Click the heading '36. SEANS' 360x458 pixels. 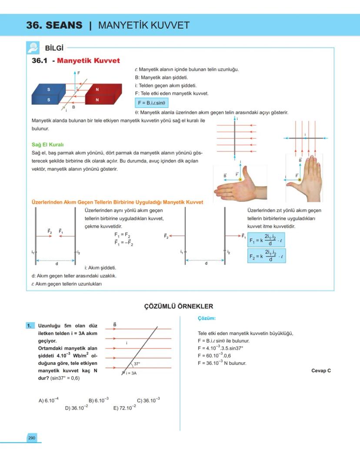point(54,25)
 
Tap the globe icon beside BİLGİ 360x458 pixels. point(33,47)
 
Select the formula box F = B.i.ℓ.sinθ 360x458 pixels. point(152,103)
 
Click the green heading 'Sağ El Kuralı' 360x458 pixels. point(48,144)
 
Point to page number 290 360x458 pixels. point(32,438)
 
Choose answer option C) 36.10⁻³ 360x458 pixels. point(148,400)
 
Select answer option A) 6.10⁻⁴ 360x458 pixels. point(49,400)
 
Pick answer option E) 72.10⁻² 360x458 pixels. point(124,408)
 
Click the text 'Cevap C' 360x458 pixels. point(321,371)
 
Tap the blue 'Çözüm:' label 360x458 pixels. point(207,318)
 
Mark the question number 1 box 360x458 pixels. point(30,325)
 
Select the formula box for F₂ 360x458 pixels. point(266,255)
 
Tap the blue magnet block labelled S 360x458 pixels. point(49,95)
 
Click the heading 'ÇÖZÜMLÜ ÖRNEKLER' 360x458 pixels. point(178,306)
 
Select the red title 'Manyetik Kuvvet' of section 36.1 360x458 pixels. point(88,60)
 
